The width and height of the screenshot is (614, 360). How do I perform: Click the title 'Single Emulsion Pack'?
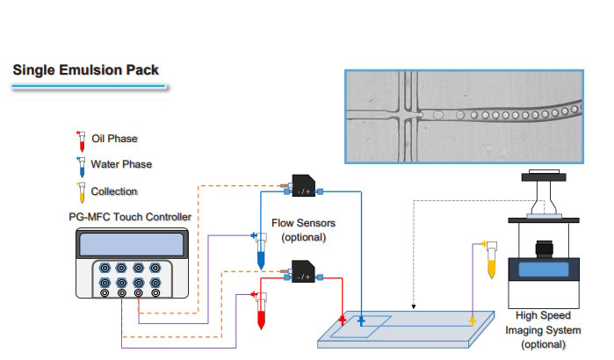tap(85, 70)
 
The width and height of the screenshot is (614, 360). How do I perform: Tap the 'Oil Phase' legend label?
tap(114, 139)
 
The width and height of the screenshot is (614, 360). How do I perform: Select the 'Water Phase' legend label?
tap(121, 164)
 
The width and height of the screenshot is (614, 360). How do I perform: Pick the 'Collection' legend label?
tap(114, 191)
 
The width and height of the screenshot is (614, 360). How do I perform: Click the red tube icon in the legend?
tap(82, 141)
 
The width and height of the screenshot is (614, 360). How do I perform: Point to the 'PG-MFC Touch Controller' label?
tap(130, 217)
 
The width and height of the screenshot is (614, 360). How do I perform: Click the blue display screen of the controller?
tap(132, 245)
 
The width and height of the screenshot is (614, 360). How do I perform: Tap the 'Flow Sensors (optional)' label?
tap(303, 230)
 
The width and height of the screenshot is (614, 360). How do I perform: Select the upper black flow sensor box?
tap(304, 185)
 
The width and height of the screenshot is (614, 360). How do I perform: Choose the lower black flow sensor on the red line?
tap(303, 271)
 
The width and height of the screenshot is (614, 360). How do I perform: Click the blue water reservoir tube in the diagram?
tap(261, 251)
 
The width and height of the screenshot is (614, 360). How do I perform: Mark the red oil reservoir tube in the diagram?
tap(261, 311)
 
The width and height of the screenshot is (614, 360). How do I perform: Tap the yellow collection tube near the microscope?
tap(491, 260)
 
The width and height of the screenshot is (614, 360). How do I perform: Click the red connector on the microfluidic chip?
tap(343, 320)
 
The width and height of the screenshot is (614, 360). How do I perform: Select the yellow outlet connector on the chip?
tap(473, 320)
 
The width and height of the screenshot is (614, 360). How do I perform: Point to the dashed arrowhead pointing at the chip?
tap(414, 306)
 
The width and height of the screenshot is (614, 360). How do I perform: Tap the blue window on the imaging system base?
tap(544, 270)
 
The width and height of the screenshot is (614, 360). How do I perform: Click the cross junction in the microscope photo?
tap(408, 115)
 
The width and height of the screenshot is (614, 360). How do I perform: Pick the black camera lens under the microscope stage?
tap(545, 248)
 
